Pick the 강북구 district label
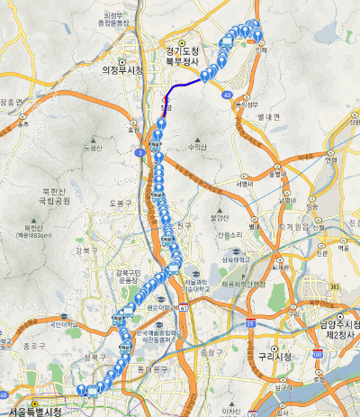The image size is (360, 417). coord(87,250)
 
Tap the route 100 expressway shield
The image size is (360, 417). coord(317,356)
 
